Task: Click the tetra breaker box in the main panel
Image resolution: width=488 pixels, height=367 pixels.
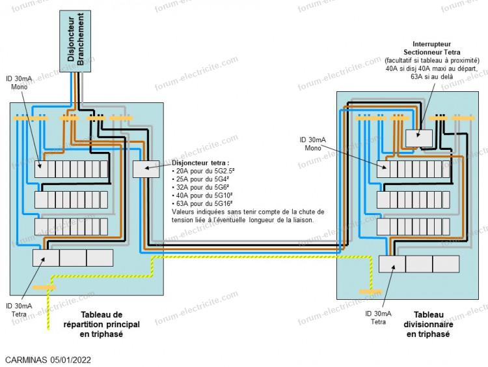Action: (146, 169)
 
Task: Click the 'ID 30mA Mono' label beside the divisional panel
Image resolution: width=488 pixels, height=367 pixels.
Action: (313, 143)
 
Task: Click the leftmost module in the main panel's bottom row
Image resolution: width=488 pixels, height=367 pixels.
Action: (46, 258)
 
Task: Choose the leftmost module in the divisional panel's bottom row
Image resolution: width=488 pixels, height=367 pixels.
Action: (392, 263)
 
